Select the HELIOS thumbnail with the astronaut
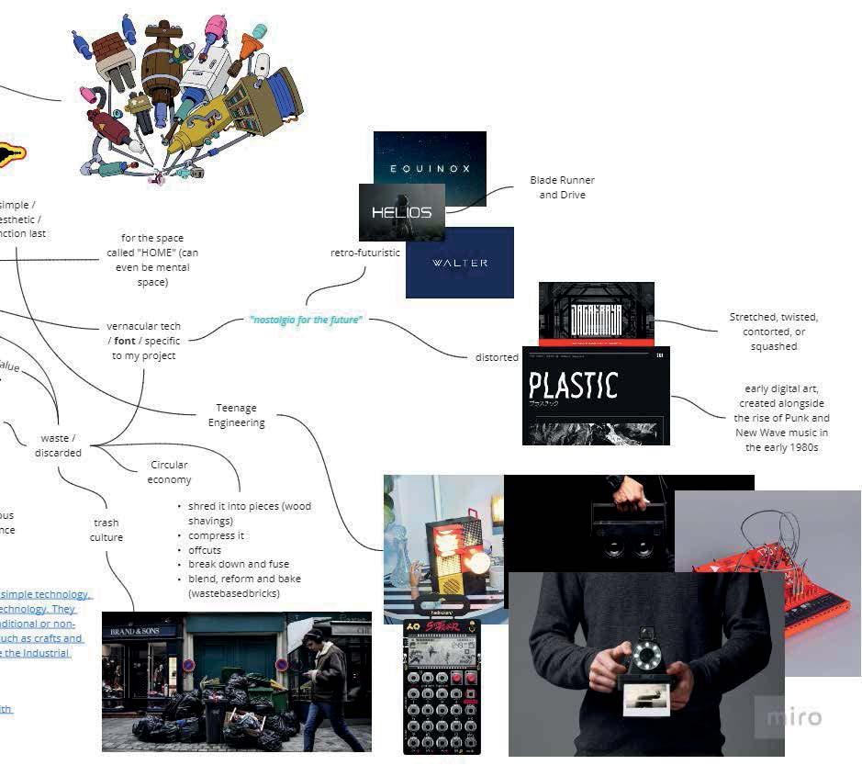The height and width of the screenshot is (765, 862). pos(401,212)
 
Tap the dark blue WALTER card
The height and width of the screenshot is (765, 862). pos(460,263)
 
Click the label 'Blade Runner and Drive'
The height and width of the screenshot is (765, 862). pos(562,187)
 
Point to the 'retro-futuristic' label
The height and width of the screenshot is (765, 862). pos(365,253)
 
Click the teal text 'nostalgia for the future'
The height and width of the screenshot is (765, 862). pos(306,320)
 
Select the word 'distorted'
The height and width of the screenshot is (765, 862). pos(497,357)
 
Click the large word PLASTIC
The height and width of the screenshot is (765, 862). pos(574,385)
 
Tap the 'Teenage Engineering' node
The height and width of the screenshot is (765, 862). pos(236,415)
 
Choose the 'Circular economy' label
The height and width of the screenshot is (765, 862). pos(169,472)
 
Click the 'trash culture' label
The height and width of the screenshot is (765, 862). pos(106,530)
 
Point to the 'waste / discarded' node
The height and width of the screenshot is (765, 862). pos(59,445)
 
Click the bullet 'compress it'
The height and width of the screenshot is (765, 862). pos(217,535)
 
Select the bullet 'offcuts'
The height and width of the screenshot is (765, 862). pos(205,550)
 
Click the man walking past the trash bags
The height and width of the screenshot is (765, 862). pos(326,684)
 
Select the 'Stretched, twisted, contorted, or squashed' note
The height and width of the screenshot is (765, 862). pos(773,332)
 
